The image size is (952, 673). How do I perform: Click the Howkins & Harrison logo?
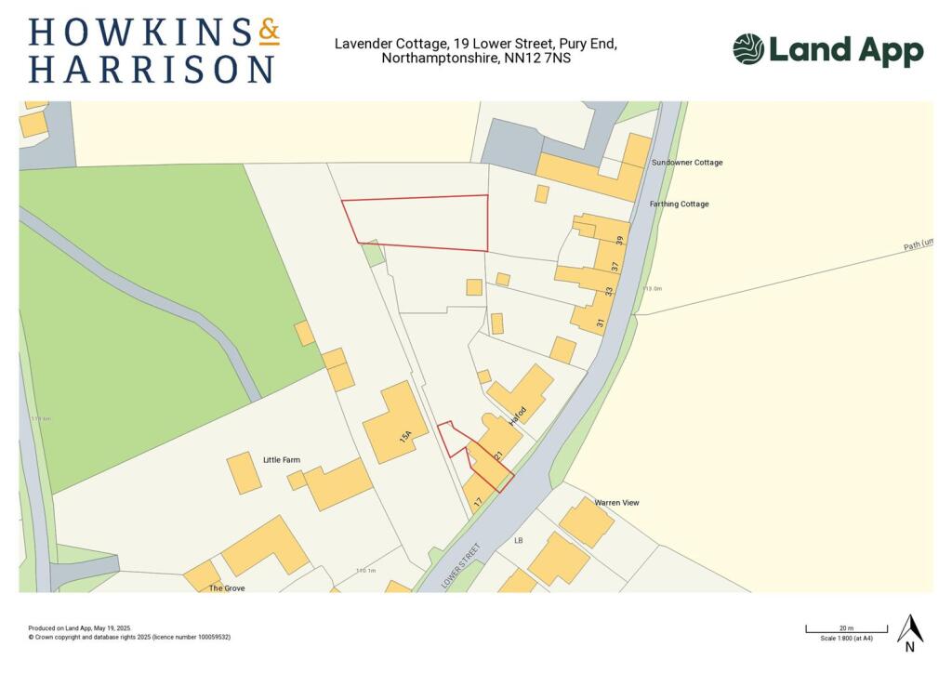pos(153,49)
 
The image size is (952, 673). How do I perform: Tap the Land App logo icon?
pos(748,49)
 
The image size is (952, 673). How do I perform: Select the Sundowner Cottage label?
pos(687,163)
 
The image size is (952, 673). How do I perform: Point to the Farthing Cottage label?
pos(681,205)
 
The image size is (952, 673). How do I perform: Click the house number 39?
pos(619,241)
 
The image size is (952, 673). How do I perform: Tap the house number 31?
pos(601,323)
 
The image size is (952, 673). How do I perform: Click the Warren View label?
pos(617,503)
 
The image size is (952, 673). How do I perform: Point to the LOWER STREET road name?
pos(462,566)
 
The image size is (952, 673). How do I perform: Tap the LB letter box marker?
pos(520,540)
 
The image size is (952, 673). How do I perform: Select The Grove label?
pos(227,588)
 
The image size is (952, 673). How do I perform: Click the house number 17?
pos(478,502)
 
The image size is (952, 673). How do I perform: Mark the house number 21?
pos(499,455)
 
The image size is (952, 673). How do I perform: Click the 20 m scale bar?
pos(846,632)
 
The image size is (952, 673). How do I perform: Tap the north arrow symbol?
pos(909,632)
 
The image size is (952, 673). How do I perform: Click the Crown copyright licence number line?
pos(129,637)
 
